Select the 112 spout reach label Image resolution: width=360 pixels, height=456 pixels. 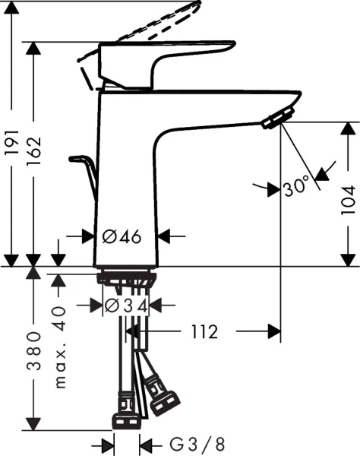[x=204, y=332]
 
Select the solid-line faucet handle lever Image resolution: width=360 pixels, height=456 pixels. [x=163, y=59]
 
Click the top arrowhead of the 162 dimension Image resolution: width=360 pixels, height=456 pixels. [x=33, y=49]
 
